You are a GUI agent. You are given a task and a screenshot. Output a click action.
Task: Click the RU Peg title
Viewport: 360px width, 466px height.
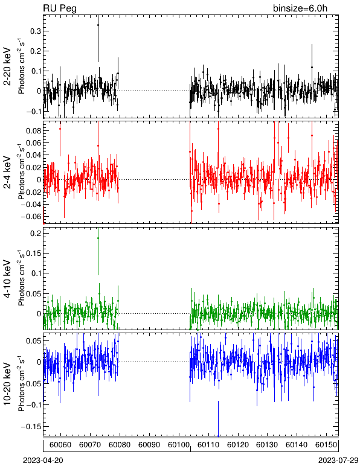(60, 8)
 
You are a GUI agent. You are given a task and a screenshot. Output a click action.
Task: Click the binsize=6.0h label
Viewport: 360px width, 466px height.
(300, 8)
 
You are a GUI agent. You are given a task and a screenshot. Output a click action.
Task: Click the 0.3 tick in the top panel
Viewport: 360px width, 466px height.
(36, 31)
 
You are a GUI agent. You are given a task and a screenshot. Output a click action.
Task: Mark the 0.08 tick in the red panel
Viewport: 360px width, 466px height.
(33, 131)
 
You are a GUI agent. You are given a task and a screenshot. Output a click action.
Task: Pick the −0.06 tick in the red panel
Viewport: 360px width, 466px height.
(31, 216)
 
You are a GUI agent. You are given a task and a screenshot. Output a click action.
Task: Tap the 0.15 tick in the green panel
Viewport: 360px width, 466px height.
(33, 253)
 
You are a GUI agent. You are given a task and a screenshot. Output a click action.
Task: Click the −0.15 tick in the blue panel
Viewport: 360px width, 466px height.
(31, 427)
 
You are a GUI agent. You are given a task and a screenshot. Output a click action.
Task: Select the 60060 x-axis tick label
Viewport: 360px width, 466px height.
(60, 445)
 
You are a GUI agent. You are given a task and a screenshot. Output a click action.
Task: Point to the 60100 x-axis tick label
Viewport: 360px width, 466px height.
(179, 445)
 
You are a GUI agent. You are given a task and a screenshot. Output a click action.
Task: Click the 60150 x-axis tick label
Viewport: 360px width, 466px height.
(326, 445)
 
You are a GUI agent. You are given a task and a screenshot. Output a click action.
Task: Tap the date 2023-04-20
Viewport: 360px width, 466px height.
(43, 461)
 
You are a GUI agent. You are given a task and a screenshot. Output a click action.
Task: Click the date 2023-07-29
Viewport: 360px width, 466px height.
(338, 461)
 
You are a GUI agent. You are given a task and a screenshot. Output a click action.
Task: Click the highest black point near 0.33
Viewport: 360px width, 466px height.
(98, 25)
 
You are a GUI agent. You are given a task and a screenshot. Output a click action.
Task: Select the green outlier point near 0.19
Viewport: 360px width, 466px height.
(98, 238)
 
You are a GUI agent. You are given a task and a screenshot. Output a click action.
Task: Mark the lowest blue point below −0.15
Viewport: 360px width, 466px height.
(218, 436)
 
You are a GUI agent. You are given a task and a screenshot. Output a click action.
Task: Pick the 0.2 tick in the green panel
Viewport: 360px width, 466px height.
(36, 233)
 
